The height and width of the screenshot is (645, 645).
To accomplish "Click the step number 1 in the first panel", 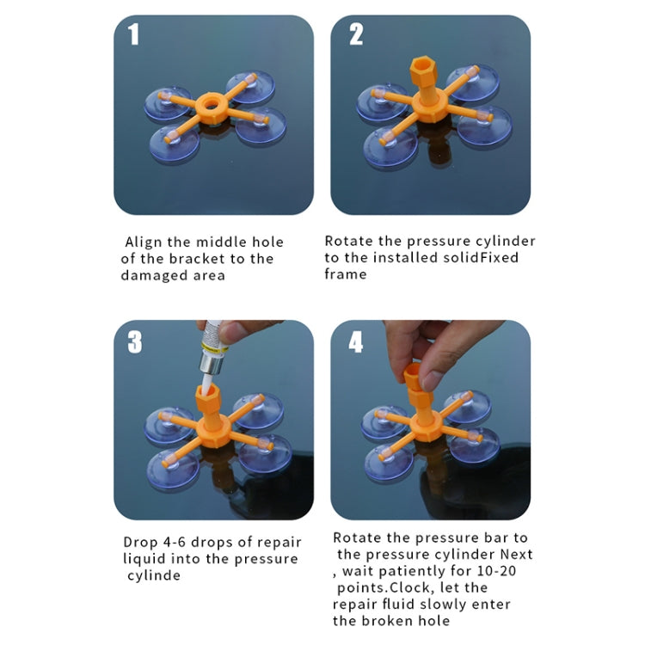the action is point(133,34).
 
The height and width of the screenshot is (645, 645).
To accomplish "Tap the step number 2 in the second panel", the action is point(356,34).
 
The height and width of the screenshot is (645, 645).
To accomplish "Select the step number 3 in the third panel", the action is point(135,342).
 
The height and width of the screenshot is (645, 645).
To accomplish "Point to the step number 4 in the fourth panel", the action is point(356,342).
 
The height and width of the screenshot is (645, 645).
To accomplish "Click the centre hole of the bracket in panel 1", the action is point(212,103).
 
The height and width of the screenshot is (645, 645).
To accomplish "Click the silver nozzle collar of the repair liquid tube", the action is point(212,363).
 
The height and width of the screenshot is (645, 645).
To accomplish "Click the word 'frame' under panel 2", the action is point(346,274).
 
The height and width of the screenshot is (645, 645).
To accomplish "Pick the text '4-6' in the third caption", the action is point(175,542).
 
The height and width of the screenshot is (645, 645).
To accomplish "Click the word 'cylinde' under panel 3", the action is point(154,575).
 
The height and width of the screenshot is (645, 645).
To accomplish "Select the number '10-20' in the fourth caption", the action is point(496,571).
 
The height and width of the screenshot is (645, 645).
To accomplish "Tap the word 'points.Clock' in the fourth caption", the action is point(384,587).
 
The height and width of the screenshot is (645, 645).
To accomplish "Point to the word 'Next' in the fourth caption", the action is point(517,554).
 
